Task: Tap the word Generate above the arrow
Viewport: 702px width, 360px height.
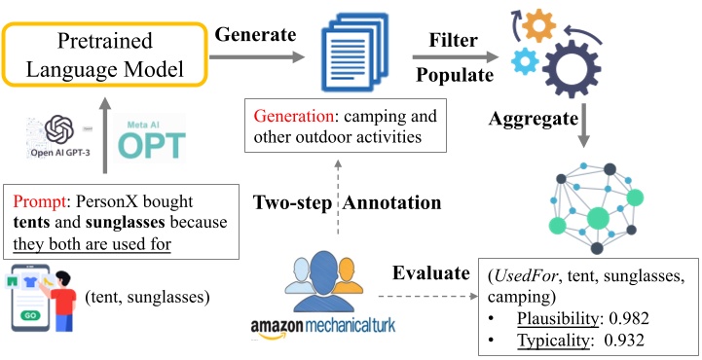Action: click(257, 35)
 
